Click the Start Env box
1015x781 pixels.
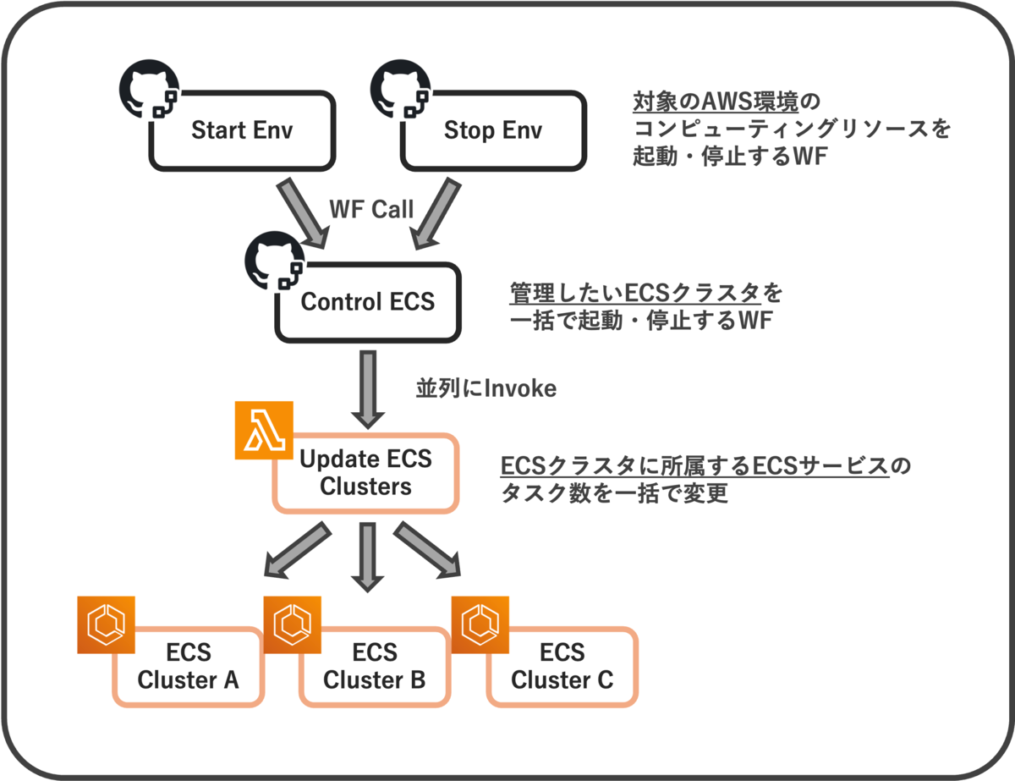pyautogui.click(x=241, y=131)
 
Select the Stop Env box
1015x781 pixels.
pyautogui.click(x=493, y=131)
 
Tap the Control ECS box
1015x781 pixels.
pyautogui.click(x=368, y=301)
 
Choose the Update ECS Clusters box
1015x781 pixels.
pyautogui.click(x=365, y=473)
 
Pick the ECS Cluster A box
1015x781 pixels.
pyautogui.click(x=188, y=667)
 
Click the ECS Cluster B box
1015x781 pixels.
pyautogui.click(x=375, y=667)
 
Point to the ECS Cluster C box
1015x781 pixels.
pyautogui.click(x=562, y=667)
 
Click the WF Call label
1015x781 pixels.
pyautogui.click(x=371, y=209)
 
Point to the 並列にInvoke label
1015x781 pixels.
pyautogui.click(x=486, y=388)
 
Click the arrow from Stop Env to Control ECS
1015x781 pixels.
pyautogui.click(x=436, y=211)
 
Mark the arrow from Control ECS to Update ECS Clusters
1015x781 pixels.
pyautogui.click(x=367, y=390)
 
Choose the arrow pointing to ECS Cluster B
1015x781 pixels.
pyautogui.click(x=367, y=557)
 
